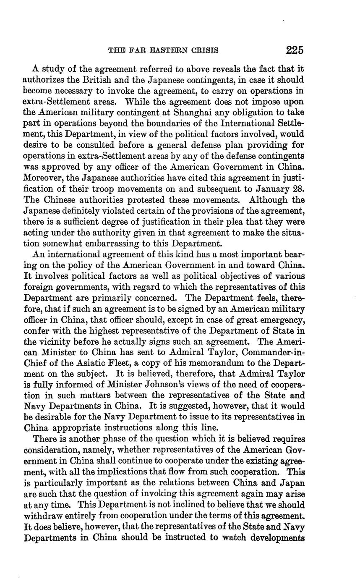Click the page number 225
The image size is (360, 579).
295,50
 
